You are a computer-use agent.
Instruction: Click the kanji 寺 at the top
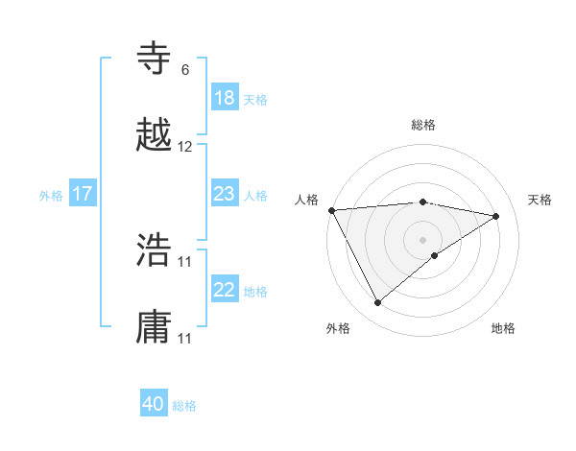pos(155,59)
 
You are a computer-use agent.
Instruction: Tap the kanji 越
pos(155,135)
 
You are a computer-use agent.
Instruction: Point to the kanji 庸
pos(155,327)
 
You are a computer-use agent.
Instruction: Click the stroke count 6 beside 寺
pos(185,70)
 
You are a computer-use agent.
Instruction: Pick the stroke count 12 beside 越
pos(185,147)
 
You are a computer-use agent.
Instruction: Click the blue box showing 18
pos(225,98)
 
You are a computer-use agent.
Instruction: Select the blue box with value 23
pos(225,194)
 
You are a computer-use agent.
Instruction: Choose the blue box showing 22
pos(225,290)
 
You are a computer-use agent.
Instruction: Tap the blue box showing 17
pos(83,194)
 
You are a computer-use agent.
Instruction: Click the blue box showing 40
pos(154,404)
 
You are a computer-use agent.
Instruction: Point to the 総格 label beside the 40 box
pos(184,406)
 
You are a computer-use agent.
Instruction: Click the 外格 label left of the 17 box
pos(51,196)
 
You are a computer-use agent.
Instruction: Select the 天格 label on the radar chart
pos(540,200)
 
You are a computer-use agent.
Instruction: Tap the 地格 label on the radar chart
pos(503,328)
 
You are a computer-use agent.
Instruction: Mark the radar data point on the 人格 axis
pos(331,210)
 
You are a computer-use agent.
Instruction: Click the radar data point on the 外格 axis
pos(377,303)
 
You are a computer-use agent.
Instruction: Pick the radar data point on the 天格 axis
pos(496,216)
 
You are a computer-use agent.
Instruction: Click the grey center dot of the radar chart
pos(423,239)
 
